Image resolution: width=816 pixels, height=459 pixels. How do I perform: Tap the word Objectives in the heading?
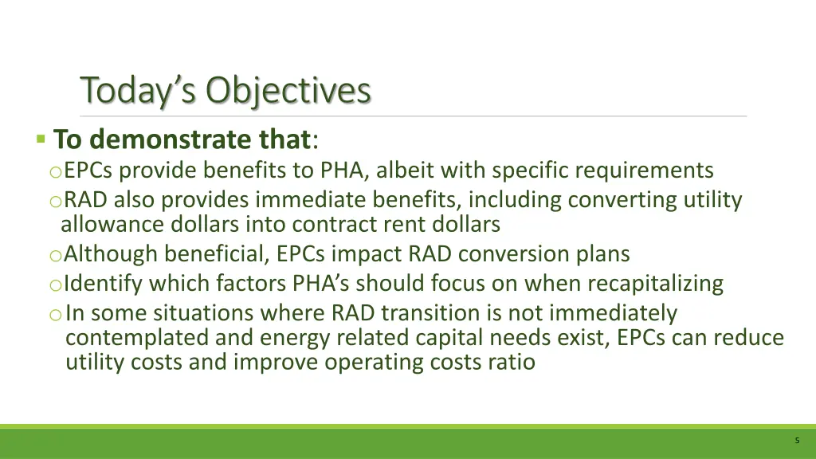coord(288,91)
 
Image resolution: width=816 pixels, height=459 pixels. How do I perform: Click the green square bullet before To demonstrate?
coord(41,139)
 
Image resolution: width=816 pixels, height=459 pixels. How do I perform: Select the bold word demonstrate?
coord(170,139)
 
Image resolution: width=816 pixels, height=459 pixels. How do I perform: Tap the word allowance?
coord(112,225)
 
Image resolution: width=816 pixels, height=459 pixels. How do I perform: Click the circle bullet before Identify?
coord(54,284)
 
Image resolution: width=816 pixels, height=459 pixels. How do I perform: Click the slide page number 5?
coord(797,441)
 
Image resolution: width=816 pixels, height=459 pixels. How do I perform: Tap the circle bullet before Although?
coord(54,256)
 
